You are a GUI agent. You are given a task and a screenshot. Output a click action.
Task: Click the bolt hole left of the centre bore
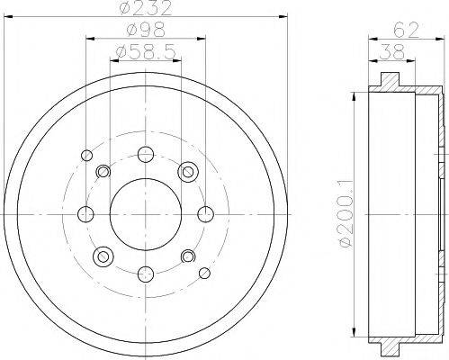click(85, 213)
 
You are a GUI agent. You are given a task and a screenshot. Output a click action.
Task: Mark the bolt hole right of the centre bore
click(206, 213)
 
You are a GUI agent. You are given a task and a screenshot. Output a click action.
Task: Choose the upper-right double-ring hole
click(188, 171)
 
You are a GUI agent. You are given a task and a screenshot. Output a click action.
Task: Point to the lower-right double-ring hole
click(188, 257)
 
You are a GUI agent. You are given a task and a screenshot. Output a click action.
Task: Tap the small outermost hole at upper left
click(85, 154)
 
